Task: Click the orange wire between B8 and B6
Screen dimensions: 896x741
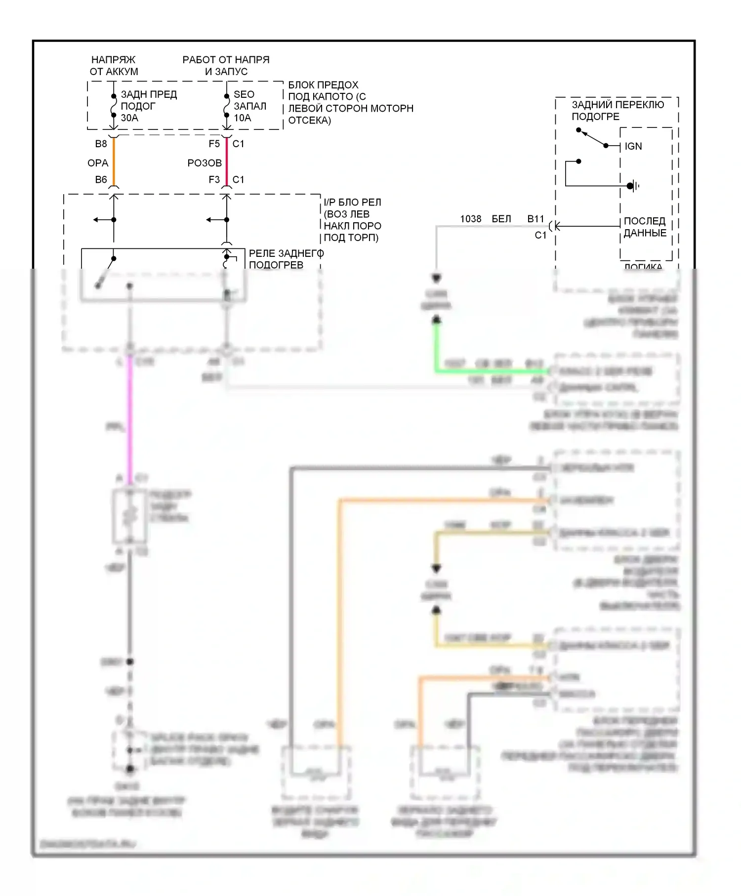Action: [x=114, y=162]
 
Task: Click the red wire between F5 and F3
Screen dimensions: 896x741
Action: [x=227, y=162]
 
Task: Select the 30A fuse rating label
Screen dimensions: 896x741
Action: [x=129, y=118]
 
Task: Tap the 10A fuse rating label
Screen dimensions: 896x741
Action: [x=243, y=118]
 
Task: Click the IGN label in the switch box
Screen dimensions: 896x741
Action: [x=633, y=146]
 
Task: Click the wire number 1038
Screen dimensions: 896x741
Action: [x=470, y=219]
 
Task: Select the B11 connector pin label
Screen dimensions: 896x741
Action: [x=535, y=219]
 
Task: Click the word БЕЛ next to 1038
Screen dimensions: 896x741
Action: [x=501, y=219]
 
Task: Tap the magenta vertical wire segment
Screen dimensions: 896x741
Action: [x=130, y=420]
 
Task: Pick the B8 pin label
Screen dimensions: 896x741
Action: [x=101, y=144]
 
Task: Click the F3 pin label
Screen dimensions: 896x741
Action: [x=214, y=180]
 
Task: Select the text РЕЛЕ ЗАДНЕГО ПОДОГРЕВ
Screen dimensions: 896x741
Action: [x=286, y=259]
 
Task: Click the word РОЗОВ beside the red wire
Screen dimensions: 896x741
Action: [x=205, y=163]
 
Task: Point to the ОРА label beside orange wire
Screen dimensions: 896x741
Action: [x=98, y=163]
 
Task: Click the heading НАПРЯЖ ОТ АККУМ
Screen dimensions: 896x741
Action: [x=114, y=66]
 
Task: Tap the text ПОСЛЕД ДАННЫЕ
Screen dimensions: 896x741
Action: [x=645, y=227]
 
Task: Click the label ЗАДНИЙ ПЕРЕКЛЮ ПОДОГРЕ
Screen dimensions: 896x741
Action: [x=617, y=111]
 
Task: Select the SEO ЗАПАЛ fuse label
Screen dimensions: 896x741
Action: [x=249, y=100]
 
